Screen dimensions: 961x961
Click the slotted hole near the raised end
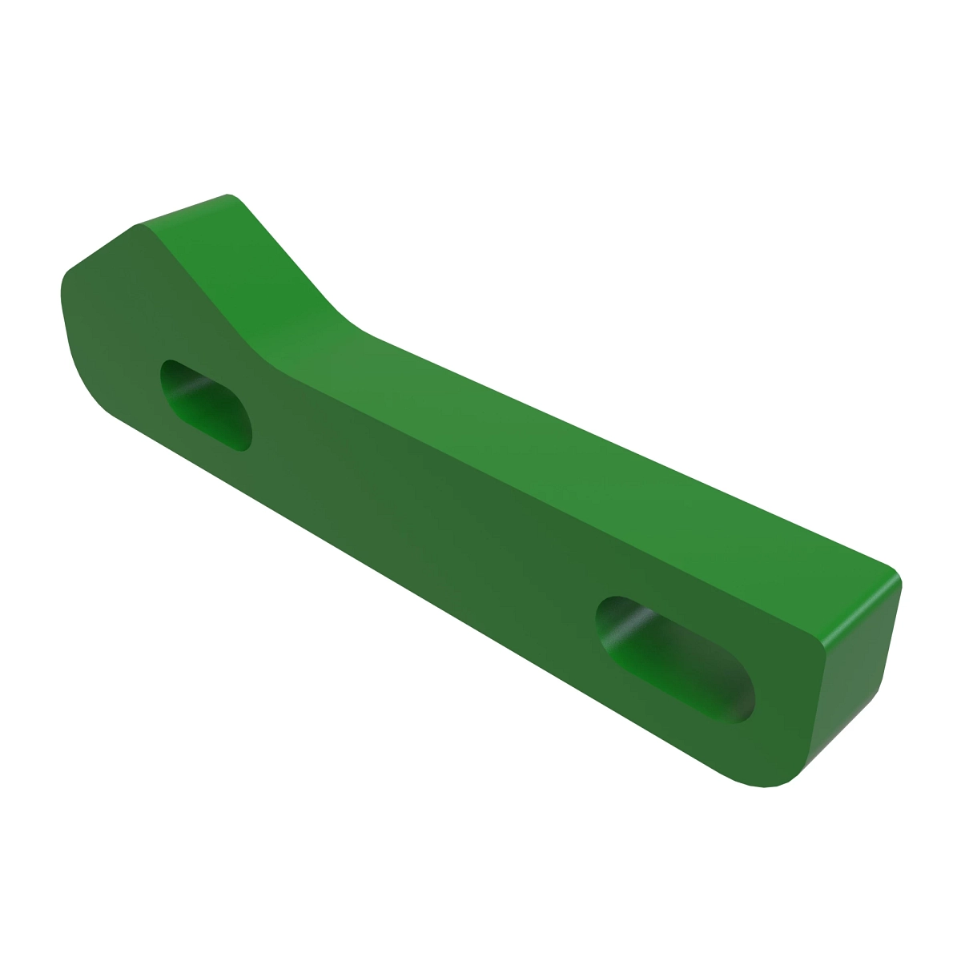point(206,405)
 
